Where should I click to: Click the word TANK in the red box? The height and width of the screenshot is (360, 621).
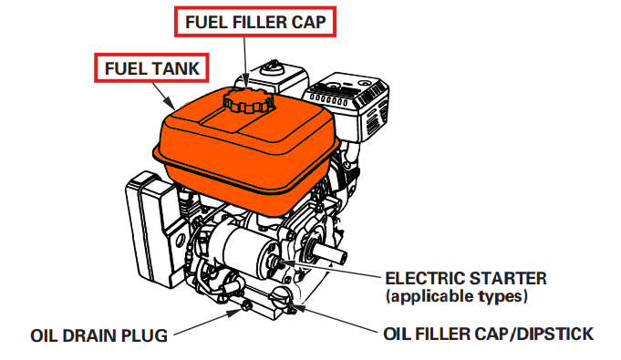point(172,68)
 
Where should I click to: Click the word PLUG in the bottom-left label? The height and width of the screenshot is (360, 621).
point(145,336)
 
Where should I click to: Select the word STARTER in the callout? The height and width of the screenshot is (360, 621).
point(499,278)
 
